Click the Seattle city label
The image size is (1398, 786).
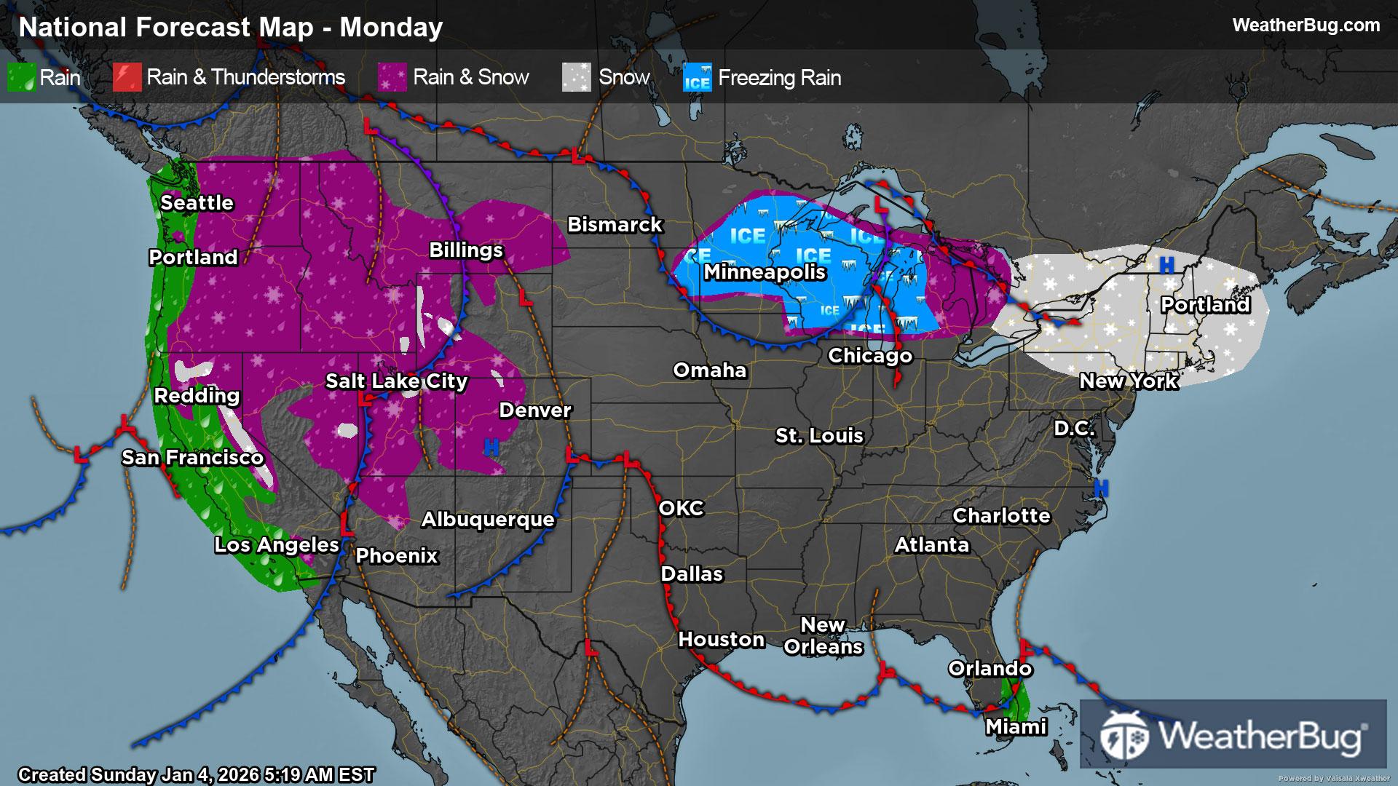tap(197, 203)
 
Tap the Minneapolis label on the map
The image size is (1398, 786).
tap(765, 272)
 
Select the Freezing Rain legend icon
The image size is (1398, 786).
tap(697, 78)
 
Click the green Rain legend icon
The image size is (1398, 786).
tap(21, 78)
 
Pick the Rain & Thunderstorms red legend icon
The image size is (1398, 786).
tap(127, 78)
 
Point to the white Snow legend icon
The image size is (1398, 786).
tap(576, 78)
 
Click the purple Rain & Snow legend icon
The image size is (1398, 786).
tap(392, 78)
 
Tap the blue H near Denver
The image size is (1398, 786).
tap(491, 448)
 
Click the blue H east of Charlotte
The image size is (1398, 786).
tap(1101, 488)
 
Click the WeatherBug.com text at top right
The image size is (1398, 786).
tap(1306, 25)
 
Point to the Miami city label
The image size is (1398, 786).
tap(1016, 727)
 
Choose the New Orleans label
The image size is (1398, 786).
tap(823, 636)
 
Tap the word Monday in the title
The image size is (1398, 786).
tap(391, 28)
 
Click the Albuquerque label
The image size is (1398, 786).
tap(488, 520)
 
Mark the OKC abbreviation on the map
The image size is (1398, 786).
tap(682, 509)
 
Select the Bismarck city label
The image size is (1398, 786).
tap(615, 225)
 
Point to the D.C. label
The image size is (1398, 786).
tap(1074, 429)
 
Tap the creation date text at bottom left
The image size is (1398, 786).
tap(197, 774)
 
